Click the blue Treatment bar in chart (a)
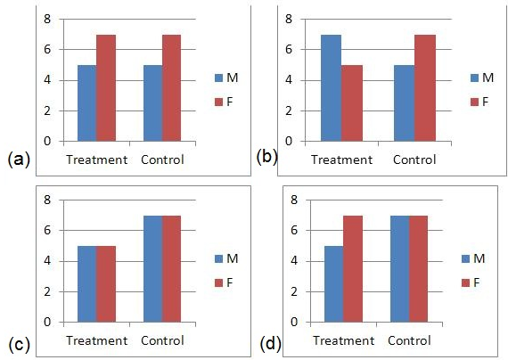click(86, 102)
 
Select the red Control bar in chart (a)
click(172, 87)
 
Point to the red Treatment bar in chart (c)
click(106, 283)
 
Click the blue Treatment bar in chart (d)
click(334, 283)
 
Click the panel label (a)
click(19, 160)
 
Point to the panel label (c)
click(19, 345)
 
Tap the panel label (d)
click(267, 344)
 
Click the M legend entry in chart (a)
click(231, 78)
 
